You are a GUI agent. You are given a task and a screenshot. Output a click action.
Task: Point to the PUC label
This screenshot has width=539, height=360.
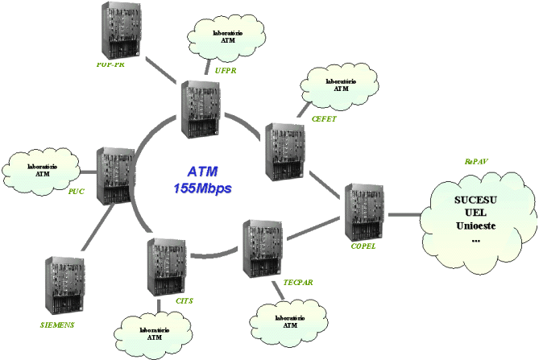click(77, 192)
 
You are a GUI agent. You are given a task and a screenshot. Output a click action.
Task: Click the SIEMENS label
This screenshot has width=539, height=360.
click(57, 325)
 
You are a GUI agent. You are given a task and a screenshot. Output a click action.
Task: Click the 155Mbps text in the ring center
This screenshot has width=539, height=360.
click(202, 188)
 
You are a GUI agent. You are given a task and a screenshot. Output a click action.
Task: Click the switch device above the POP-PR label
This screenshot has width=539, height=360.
click(121, 30)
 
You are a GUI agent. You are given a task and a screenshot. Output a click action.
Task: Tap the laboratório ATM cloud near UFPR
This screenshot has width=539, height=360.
click(226, 36)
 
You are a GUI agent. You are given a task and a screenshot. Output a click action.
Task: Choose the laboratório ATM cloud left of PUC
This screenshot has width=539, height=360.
click(43, 168)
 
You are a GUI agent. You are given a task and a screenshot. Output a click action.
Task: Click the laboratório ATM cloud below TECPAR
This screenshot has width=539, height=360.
click(291, 322)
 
